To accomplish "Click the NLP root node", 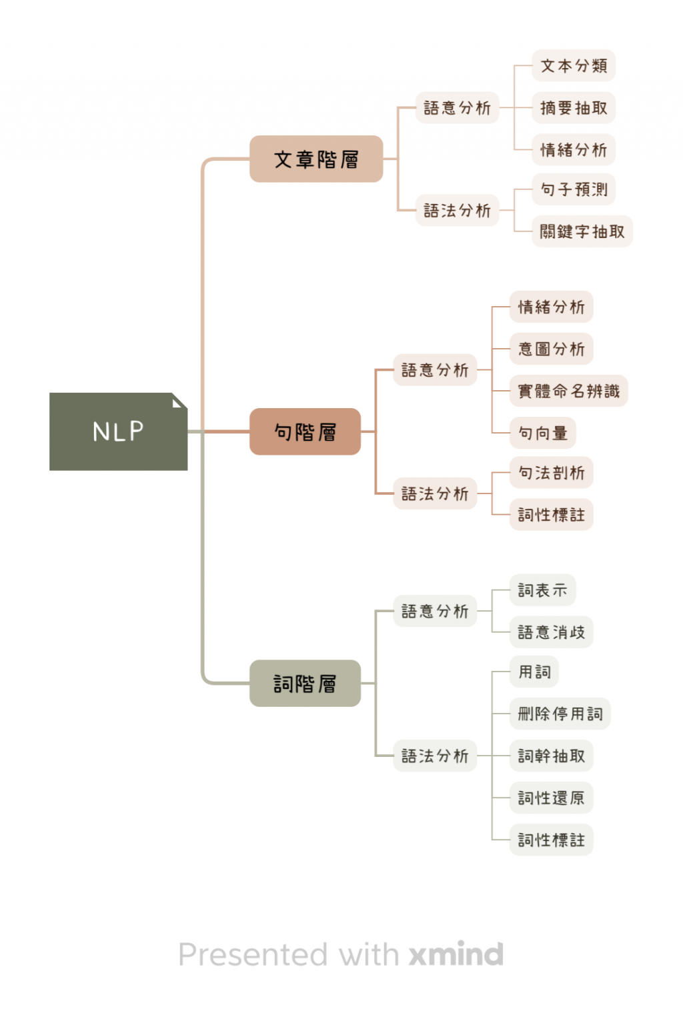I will [118, 431].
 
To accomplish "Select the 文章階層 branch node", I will [316, 159].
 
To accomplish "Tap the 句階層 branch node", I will [305, 432].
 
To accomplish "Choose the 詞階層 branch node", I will [305, 684].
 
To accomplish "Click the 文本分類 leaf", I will [573, 66].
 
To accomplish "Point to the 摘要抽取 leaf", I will [573, 108].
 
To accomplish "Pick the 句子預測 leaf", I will [573, 190].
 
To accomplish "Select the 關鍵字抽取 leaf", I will [582, 231].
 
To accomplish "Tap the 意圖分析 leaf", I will [551, 349].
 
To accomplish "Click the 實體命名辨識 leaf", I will [568, 391].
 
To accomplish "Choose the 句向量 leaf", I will [542, 433].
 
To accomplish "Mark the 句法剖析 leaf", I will [551, 473].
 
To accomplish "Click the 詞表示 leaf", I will [542, 590].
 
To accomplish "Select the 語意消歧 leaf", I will [551, 632].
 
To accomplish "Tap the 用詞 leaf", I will [534, 672].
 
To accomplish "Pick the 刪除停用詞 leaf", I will [560, 714].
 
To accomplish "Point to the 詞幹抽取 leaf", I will [551, 756].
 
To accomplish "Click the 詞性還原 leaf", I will [551, 798].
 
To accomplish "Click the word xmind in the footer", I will [456, 954].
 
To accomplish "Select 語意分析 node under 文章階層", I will [457, 108].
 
